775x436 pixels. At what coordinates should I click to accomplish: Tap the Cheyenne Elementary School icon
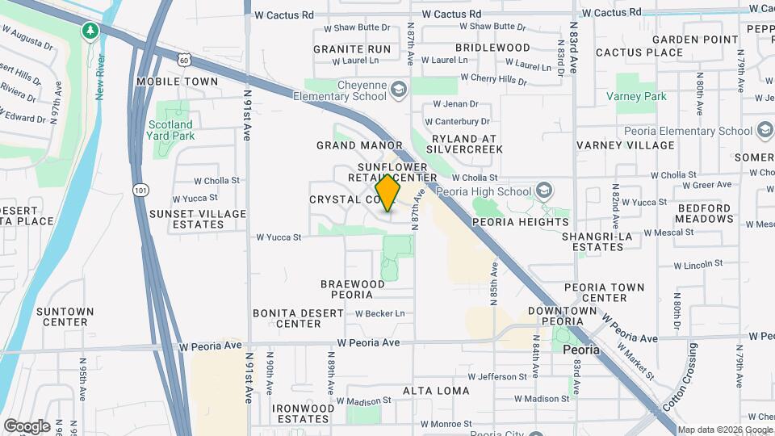click(398, 88)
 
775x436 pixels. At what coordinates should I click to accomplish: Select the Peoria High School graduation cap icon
click(546, 191)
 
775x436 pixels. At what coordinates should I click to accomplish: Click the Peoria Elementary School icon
click(765, 131)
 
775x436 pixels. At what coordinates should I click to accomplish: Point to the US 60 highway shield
click(185, 59)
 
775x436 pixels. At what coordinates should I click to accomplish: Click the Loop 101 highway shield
click(140, 189)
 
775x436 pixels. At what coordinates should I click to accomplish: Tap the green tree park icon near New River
click(90, 31)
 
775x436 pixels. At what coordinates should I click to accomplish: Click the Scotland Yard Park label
click(171, 130)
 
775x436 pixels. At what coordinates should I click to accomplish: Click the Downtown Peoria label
click(562, 316)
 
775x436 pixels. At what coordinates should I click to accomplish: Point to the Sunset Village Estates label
click(186, 219)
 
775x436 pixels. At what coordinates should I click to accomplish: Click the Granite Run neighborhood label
click(352, 49)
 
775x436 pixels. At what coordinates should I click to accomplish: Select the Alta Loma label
click(436, 391)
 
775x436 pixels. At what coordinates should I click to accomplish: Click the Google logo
click(27, 426)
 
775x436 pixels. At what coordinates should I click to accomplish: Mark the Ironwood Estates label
click(303, 413)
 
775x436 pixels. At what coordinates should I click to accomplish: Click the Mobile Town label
click(177, 82)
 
